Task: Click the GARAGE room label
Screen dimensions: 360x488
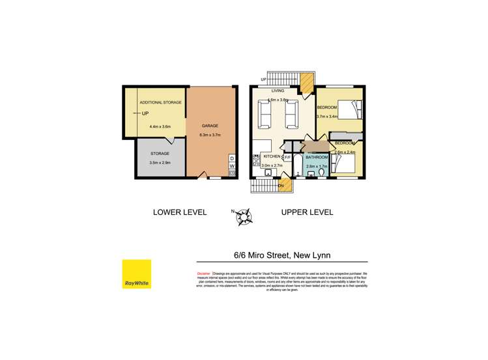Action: pos(209,126)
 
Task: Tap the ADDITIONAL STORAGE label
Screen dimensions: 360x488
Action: pos(161,102)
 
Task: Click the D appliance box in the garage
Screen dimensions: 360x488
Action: pos(232,158)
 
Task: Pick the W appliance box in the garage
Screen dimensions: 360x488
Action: pos(232,166)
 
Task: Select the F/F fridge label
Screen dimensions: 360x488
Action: pos(287,157)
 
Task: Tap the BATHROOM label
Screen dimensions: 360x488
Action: pos(316,158)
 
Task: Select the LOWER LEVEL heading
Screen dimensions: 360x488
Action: pos(179,212)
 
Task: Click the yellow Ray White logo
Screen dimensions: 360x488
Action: pos(137,274)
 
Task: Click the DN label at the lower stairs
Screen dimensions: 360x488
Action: pos(281,186)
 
